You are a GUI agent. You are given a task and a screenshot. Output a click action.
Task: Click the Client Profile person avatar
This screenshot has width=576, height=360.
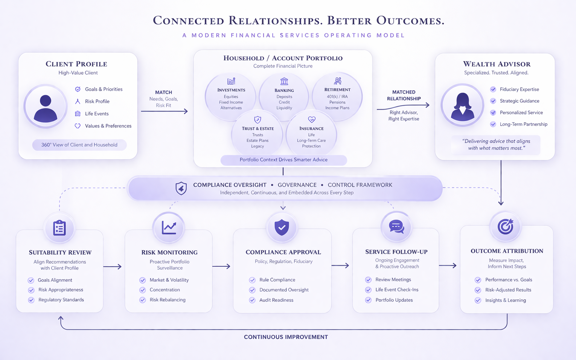coord(45,107)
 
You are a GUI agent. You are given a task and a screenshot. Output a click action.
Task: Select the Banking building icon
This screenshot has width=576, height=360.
coord(284,81)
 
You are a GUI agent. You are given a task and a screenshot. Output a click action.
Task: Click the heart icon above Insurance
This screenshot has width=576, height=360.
coord(312,119)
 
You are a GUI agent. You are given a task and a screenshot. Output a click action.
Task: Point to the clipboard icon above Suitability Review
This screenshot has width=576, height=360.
coord(59,228)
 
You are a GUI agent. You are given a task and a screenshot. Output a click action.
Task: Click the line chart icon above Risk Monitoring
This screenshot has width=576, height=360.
coord(169,228)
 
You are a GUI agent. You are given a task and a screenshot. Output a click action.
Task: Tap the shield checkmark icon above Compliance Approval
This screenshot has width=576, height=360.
coord(282,227)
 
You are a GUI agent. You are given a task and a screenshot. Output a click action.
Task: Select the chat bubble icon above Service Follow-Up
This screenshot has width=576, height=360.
coord(396,227)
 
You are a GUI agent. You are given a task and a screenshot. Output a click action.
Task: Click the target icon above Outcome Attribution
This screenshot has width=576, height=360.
coord(505,226)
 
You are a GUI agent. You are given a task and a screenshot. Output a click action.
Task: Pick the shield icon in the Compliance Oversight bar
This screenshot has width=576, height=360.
coord(181,188)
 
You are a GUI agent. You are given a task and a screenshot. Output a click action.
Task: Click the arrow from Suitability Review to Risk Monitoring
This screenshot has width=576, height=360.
coord(113,267)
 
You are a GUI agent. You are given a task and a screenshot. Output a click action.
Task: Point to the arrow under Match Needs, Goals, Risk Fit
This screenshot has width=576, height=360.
coord(164,111)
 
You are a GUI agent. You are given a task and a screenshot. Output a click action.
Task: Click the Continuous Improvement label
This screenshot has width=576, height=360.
coord(286,337)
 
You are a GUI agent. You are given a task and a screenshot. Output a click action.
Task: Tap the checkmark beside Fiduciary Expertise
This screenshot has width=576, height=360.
coord(493,89)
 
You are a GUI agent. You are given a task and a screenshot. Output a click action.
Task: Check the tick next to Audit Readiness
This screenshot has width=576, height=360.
coord(252,300)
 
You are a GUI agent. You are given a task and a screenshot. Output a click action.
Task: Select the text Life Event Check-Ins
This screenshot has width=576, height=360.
coord(397,290)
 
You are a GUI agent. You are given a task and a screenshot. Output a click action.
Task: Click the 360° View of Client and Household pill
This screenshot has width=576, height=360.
coord(79,145)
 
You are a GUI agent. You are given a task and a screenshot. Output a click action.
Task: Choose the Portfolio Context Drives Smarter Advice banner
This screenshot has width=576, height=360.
coord(284,160)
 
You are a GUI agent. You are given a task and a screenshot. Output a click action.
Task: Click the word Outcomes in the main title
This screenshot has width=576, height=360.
coord(410,21)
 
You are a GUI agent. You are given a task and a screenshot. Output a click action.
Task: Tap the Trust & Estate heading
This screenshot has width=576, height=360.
coord(258,128)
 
